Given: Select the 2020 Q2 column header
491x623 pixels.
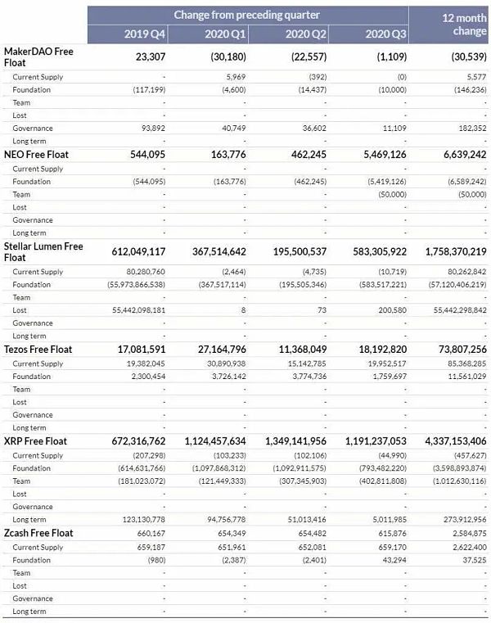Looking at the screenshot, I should (x=304, y=34).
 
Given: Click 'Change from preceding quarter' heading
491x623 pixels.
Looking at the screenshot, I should (x=246, y=15).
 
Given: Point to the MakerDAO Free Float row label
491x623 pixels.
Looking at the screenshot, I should (x=38, y=56).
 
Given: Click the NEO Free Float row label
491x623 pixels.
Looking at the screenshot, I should (x=37, y=154).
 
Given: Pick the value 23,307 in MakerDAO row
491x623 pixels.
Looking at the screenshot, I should (x=149, y=56).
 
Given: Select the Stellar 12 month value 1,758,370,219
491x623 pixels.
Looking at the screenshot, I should (x=444, y=252).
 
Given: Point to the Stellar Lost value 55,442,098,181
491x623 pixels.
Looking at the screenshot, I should (x=131, y=310).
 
